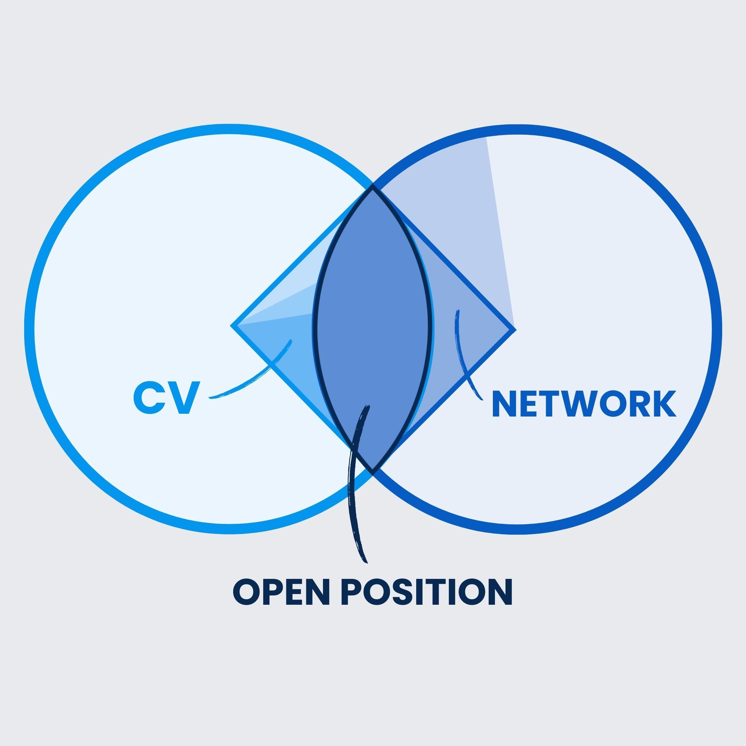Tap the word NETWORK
tap(583, 404)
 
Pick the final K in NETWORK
tap(663, 404)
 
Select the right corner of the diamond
tap(515, 330)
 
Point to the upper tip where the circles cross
tap(373, 186)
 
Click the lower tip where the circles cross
tap(373, 470)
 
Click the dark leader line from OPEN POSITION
tap(353, 502)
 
